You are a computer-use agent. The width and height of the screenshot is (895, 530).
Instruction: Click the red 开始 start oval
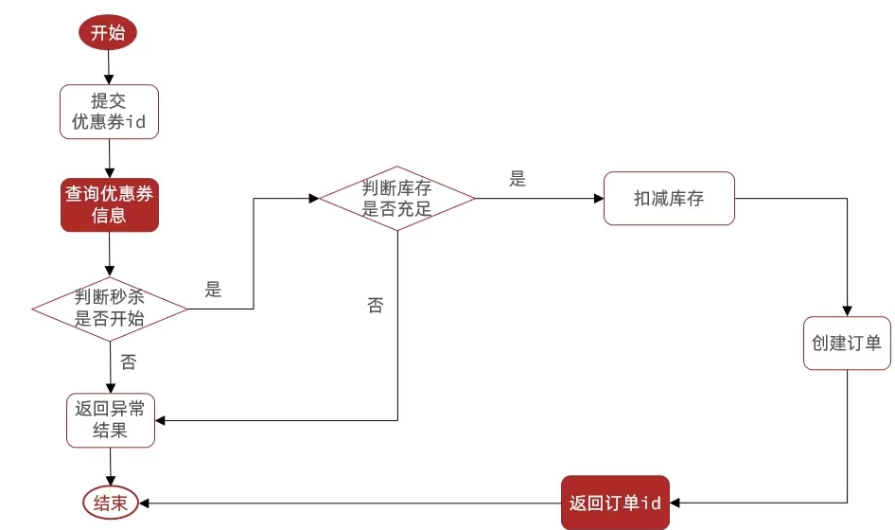(x=108, y=32)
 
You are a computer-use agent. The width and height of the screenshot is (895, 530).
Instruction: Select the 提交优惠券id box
(x=109, y=112)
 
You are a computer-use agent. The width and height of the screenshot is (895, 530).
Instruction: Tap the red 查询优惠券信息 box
(x=110, y=204)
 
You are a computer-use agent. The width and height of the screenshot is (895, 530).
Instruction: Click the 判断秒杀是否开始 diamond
(x=110, y=309)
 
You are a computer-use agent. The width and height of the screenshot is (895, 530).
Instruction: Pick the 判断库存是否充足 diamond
(x=397, y=198)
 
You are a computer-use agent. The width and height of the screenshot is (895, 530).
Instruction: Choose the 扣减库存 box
(x=669, y=198)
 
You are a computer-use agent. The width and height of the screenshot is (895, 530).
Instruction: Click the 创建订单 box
(x=847, y=344)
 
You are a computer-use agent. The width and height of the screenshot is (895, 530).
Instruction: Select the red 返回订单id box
(x=615, y=503)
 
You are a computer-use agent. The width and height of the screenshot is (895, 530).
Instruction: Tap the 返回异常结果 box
(x=111, y=420)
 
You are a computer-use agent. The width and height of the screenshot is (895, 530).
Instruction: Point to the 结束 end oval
(x=111, y=503)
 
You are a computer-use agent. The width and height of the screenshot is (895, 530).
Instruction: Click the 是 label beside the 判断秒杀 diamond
(x=213, y=290)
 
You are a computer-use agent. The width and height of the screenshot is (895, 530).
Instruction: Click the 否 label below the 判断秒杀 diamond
(x=129, y=362)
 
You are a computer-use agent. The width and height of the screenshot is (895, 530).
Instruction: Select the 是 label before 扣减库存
(x=518, y=179)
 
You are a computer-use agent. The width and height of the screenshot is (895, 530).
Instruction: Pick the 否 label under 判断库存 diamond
(x=375, y=305)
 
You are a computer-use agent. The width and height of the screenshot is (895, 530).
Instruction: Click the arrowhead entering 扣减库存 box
(x=599, y=198)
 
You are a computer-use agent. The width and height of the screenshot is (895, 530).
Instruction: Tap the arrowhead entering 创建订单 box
(x=847, y=311)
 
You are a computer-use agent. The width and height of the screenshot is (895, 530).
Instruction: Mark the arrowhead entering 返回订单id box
(x=675, y=503)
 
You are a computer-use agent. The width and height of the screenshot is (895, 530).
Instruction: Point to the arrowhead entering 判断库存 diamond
(x=314, y=198)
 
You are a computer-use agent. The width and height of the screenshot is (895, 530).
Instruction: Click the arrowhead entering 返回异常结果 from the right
(x=160, y=420)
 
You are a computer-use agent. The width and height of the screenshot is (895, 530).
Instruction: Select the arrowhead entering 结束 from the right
(x=144, y=503)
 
